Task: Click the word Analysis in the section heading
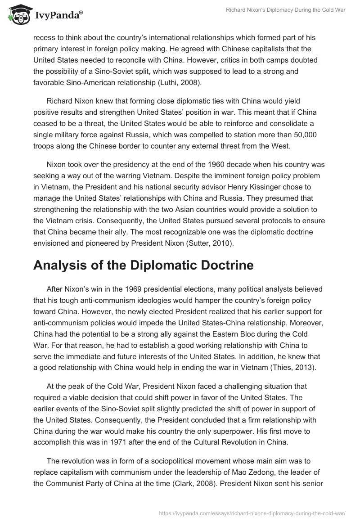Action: click(65, 265)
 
